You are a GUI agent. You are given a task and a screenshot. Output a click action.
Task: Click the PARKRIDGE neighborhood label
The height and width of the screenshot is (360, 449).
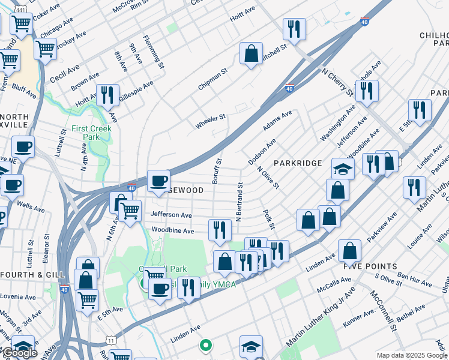[x=298, y=163]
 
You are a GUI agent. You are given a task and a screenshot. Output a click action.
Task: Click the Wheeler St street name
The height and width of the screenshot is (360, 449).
[x=210, y=121]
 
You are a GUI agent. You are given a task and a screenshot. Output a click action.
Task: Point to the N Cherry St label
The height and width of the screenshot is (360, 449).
[x=337, y=83]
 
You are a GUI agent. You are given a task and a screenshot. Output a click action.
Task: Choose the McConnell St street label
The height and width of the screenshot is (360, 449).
[x=384, y=311]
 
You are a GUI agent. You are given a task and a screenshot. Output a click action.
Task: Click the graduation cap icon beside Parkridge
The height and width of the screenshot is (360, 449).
[x=343, y=169]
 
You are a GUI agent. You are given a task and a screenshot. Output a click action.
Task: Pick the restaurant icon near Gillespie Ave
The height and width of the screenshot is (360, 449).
[x=107, y=95]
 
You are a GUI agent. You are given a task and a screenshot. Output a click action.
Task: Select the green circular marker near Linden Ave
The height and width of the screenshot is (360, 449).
[x=205, y=345]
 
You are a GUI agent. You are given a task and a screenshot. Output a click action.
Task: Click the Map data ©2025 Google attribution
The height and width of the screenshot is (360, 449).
[x=412, y=355]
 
